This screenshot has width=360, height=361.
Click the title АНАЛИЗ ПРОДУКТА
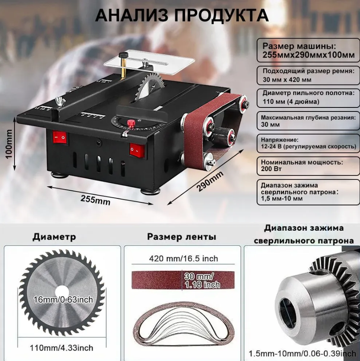[x=182, y=16]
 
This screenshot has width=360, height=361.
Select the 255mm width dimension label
[x=95, y=199]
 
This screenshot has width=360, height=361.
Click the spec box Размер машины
[x=308, y=50]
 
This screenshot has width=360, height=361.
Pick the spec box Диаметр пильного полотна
[x=308, y=98]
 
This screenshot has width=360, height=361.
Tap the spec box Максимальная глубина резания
[x=308, y=121]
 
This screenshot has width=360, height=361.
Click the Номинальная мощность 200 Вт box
[x=308, y=166]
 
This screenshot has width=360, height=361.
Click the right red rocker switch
[x=136, y=151]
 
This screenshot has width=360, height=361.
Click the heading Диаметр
[x=54, y=237]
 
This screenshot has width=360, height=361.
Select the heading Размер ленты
[x=181, y=237]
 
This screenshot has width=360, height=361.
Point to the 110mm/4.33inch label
[x=62, y=348]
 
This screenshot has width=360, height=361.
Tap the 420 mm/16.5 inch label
[x=183, y=258]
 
